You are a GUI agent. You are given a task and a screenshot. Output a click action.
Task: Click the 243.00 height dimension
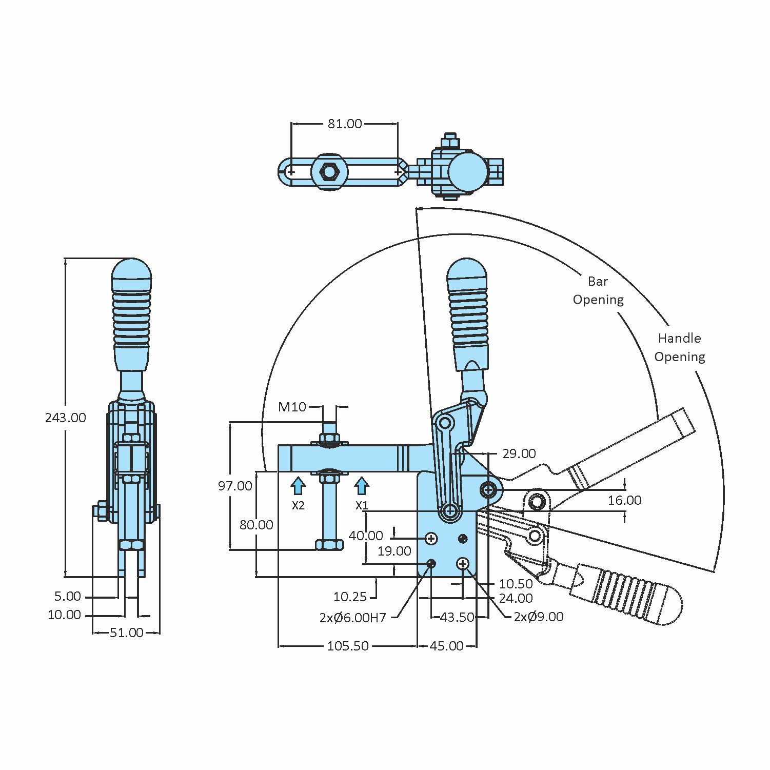[x=65, y=418]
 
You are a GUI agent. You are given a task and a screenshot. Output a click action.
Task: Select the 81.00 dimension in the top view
[x=345, y=124]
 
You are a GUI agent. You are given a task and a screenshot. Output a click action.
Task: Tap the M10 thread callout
[x=292, y=407]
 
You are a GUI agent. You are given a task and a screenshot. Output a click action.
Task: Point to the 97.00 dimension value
[x=235, y=486]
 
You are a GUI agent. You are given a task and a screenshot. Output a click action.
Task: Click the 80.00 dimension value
[x=256, y=525]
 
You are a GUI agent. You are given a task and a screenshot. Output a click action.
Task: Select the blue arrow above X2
[x=298, y=485]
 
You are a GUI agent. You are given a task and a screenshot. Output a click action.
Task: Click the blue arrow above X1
[x=362, y=485]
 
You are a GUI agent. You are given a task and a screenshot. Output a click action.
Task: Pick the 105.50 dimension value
[x=348, y=646]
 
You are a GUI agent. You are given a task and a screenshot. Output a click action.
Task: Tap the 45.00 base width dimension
[x=446, y=646]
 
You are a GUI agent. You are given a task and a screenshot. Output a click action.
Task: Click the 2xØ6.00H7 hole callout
[x=352, y=618]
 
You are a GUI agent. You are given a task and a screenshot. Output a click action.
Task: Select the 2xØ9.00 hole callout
[x=538, y=617]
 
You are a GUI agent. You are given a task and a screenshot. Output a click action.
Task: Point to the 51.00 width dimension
[x=126, y=633]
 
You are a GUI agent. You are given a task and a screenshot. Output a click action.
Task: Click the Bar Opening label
[x=598, y=290]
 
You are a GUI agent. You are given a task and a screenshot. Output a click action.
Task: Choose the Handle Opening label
[x=679, y=347]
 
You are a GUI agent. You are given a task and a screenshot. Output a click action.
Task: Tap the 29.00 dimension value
[x=519, y=453]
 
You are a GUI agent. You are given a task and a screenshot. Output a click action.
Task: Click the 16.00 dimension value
[x=624, y=500]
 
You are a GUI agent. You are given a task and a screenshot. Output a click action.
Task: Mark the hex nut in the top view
[x=328, y=172]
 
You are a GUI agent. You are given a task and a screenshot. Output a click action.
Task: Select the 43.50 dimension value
[x=457, y=617]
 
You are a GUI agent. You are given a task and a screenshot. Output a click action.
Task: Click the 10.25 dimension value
[x=350, y=597]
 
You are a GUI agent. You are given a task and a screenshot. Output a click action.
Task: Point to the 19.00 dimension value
[x=394, y=551]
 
